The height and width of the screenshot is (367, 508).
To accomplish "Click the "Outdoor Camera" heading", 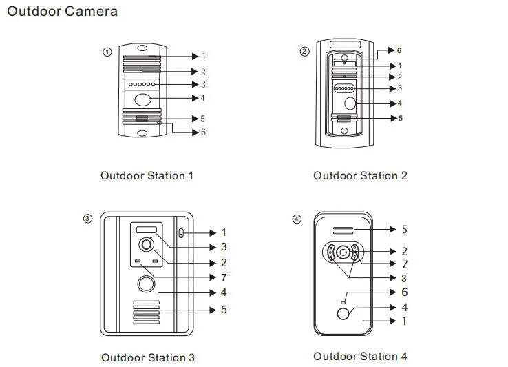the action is coord(62,11).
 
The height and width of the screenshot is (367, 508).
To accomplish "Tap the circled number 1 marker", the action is coord(107,52).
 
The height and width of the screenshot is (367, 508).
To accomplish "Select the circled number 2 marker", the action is coord(304,51).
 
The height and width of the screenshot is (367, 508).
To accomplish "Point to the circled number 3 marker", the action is coord(88,219).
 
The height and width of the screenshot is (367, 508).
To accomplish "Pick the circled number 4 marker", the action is coord(297,219).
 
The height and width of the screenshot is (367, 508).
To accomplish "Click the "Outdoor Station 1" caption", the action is coord(147,176).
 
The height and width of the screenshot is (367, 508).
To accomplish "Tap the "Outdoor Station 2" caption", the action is coord(360,176).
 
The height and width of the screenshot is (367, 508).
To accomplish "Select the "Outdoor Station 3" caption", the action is coord(148,357).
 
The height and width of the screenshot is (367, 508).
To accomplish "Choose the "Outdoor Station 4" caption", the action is coord(360,356).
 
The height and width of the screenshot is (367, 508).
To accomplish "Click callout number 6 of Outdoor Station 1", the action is coord(203,132).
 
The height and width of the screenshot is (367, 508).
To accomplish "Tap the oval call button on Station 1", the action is coord(143,100).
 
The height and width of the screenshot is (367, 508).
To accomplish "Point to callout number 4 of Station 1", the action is coord(202,98).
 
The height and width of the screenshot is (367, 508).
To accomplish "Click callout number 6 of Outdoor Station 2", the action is coord(399,50).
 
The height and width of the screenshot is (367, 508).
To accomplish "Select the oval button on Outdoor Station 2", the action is coord(350,103).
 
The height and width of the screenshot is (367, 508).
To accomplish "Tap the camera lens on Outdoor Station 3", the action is coord(146,245).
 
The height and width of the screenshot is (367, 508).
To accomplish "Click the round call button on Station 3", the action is coord(146,284).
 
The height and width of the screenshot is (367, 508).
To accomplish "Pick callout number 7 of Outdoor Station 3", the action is coord(224,278).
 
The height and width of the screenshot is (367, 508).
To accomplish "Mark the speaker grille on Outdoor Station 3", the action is coord(147,313).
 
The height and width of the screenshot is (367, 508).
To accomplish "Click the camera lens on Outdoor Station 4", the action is coord(343,252).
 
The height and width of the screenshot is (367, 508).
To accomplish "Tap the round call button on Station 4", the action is coord(343,314).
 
